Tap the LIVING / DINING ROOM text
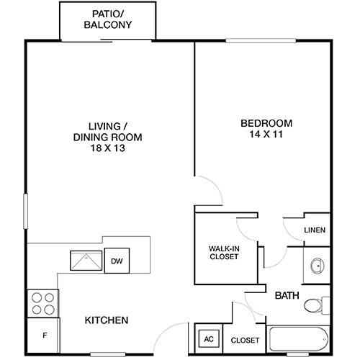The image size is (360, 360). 107,130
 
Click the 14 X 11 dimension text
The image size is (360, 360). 264,134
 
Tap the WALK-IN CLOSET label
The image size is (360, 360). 224,253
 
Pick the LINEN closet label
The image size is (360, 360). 315,230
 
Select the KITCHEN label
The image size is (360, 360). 107,320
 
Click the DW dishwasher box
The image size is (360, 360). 116,261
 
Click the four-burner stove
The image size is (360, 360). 43,302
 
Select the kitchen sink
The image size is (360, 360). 86,260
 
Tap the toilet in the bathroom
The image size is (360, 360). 315,305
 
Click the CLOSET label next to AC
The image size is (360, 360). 246,340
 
